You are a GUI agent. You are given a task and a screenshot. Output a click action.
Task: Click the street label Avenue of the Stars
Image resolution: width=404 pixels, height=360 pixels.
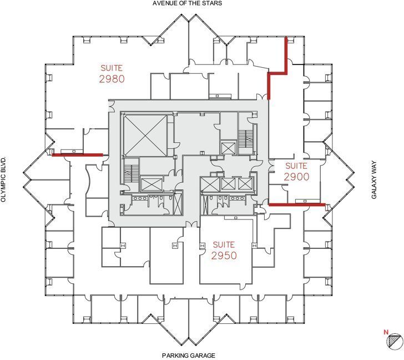pyautogui.click(x=187, y=3)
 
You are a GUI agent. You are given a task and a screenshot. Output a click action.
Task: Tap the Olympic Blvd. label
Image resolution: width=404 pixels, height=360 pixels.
pyautogui.click(x=4, y=179)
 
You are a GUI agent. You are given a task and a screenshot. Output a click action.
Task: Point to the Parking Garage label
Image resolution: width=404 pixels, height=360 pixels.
pyautogui.click(x=188, y=355)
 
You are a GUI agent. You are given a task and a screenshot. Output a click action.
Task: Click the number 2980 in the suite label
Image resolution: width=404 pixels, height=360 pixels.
pyautogui.click(x=112, y=79)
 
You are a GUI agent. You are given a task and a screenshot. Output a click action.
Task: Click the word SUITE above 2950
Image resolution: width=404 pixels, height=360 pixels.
pyautogui.click(x=224, y=244)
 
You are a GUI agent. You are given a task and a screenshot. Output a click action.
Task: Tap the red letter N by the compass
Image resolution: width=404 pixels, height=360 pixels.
pyautogui.click(x=386, y=332)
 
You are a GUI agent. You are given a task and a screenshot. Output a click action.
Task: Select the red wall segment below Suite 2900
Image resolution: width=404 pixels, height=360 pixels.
pyautogui.click(x=296, y=204)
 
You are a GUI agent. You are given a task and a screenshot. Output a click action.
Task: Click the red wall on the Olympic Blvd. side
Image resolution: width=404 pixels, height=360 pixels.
pyautogui.click(x=77, y=155)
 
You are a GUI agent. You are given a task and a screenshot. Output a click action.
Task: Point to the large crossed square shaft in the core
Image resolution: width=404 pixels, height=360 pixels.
pyautogui.click(x=144, y=134)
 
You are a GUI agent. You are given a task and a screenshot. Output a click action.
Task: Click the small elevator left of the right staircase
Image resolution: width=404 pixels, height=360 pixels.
pyautogui.click(x=228, y=148)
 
